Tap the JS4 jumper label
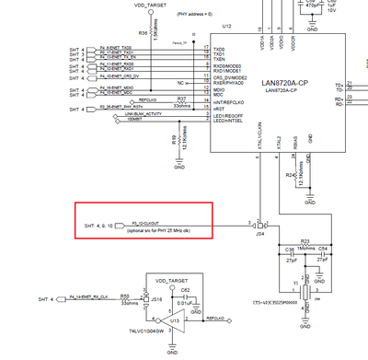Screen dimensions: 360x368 click(x=259, y=235)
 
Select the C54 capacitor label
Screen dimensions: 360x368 click(x=322, y=249)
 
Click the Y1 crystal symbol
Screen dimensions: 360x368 click(x=306, y=290)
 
